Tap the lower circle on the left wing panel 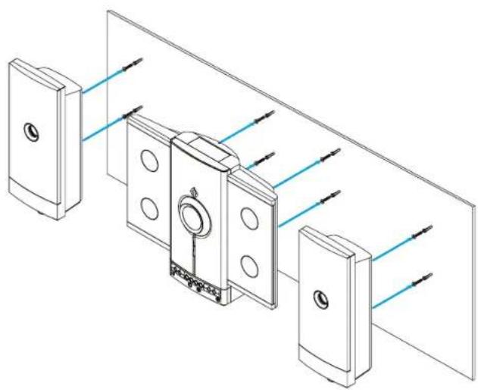point(149,207)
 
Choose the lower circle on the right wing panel point(248,264)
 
